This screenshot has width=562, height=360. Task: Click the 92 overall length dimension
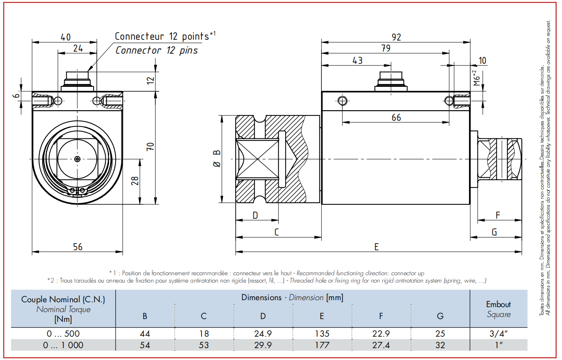click(396, 37)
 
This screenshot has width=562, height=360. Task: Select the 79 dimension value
click(386, 48)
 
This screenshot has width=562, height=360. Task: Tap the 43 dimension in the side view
click(357, 61)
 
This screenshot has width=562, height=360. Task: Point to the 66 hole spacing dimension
click(396, 118)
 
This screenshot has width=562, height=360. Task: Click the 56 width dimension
click(77, 247)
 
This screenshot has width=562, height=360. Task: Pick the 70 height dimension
click(150, 147)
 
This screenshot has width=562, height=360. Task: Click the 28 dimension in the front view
click(135, 181)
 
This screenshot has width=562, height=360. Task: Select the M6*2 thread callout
click(476, 78)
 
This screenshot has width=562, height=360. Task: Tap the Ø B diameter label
click(217, 158)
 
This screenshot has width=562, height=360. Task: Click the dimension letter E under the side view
click(376, 247)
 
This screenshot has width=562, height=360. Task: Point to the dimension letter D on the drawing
click(255, 215)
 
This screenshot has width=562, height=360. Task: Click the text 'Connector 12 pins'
click(157, 50)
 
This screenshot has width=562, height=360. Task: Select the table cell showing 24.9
click(263, 334)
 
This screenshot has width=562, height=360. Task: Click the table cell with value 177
click(322, 345)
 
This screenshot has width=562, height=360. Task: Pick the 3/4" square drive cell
click(498, 334)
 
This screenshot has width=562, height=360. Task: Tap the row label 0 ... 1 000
click(63, 345)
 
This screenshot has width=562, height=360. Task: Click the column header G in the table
click(440, 316)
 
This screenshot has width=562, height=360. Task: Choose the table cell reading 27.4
click(381, 345)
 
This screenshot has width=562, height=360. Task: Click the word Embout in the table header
click(498, 304)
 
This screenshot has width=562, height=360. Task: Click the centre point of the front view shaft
click(77, 159)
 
